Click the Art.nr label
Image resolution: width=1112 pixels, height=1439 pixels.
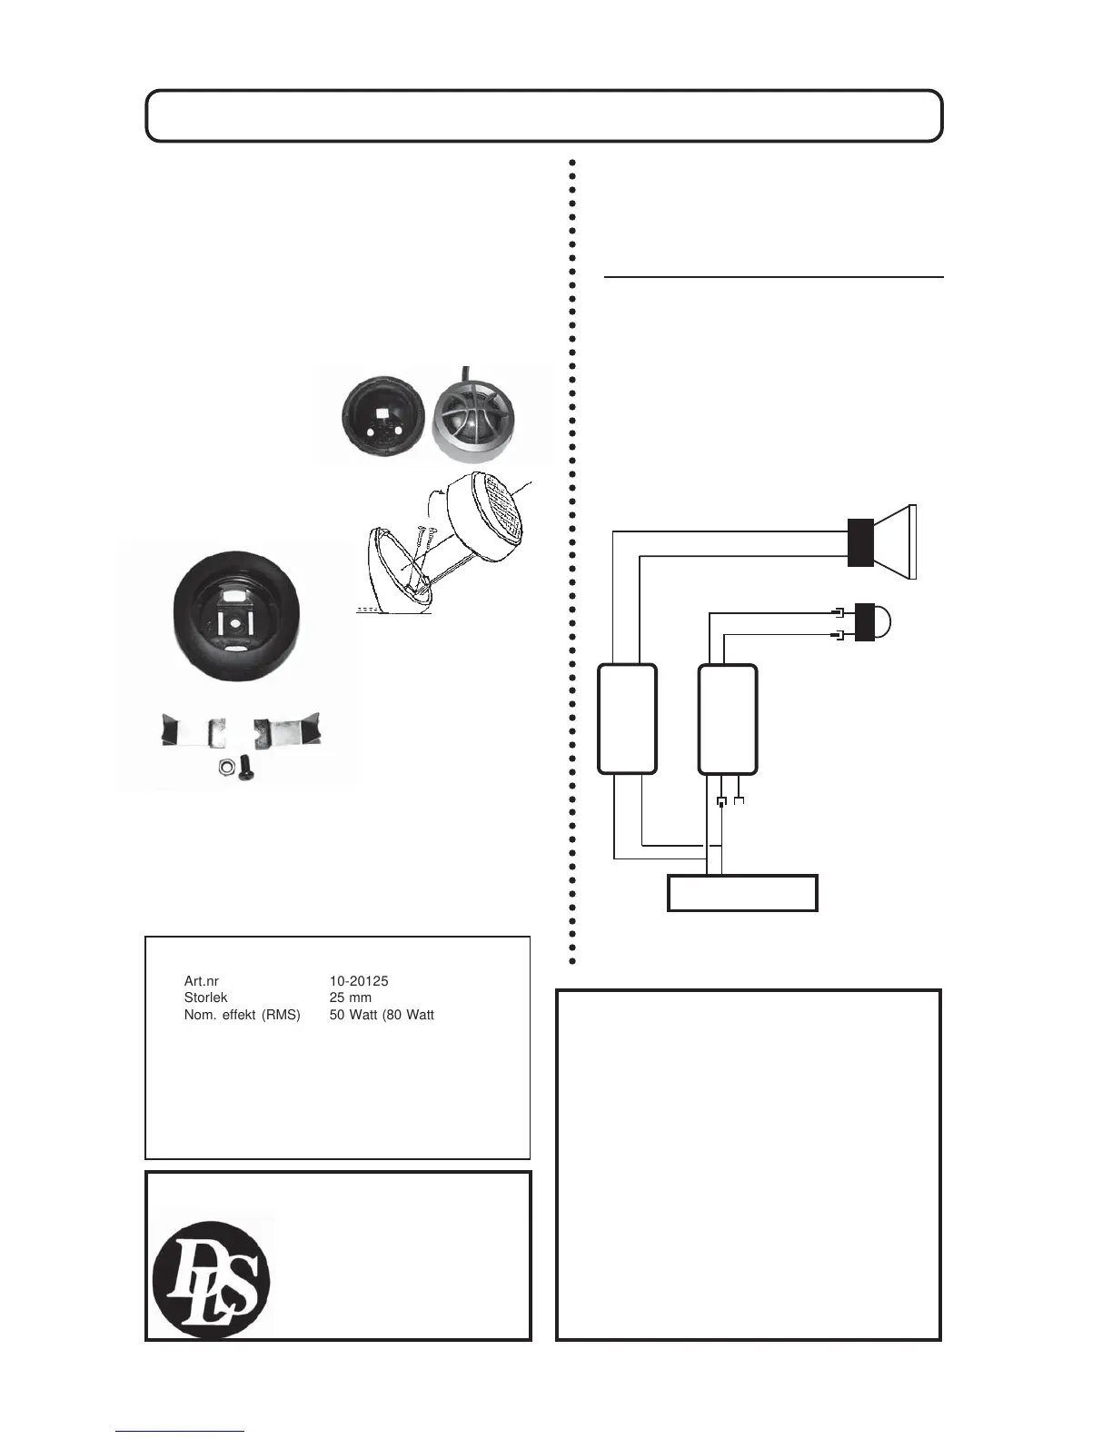click(201, 982)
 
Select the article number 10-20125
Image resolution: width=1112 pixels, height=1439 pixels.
click(359, 982)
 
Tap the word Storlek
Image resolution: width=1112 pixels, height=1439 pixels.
click(205, 997)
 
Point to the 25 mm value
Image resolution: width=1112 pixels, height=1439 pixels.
click(350, 997)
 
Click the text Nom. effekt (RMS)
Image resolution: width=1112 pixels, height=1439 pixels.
click(242, 1015)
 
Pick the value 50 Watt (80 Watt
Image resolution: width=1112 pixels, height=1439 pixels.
click(382, 1015)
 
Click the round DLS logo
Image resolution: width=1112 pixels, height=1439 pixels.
click(212, 1275)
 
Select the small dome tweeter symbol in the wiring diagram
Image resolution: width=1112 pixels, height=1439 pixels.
click(872, 621)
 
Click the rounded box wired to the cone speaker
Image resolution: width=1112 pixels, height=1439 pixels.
click(627, 719)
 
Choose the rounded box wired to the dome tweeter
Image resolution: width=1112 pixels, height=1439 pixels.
click(727, 719)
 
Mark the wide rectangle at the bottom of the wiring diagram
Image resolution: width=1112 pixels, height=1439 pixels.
click(742, 892)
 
